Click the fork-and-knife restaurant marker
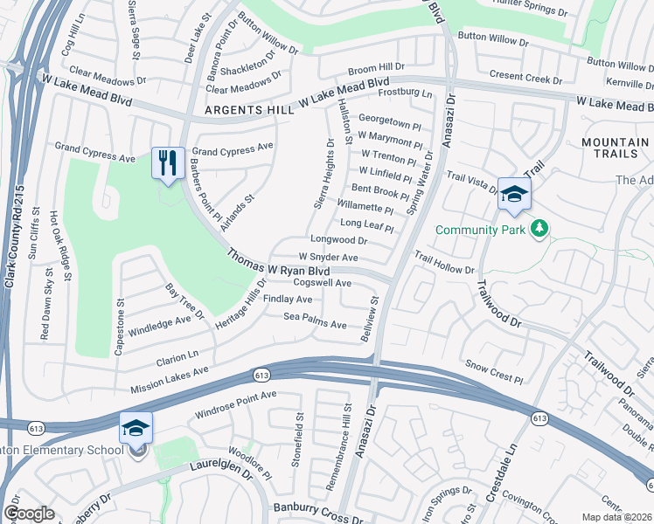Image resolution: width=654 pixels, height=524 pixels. [x=167, y=163]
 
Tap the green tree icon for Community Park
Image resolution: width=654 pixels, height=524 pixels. [x=540, y=229]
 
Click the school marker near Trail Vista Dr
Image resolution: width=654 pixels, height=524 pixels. [x=514, y=195]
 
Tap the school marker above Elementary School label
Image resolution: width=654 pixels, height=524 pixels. [x=136, y=429]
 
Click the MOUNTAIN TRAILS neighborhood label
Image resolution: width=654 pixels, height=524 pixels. [x=615, y=148]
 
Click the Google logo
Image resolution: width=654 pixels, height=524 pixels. [x=29, y=513]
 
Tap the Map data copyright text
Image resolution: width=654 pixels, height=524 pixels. [x=616, y=516]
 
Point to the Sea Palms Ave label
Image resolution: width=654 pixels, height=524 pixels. [x=315, y=320]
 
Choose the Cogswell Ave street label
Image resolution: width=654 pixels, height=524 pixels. [x=322, y=283]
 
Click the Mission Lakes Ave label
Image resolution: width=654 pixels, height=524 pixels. [x=170, y=379]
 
